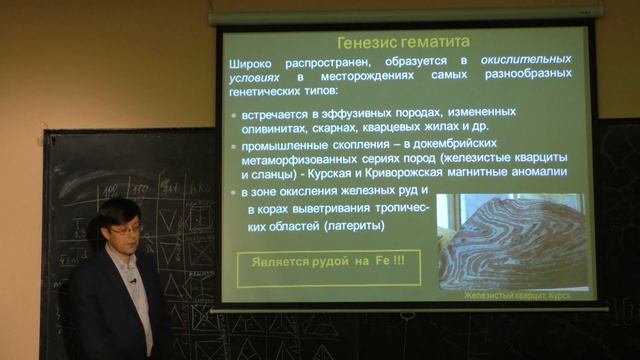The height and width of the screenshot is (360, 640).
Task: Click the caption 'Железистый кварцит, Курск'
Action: (x=524, y=296)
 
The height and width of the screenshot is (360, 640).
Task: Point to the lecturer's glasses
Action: (x=126, y=230)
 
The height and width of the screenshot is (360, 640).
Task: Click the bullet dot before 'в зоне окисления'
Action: (x=236, y=190)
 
